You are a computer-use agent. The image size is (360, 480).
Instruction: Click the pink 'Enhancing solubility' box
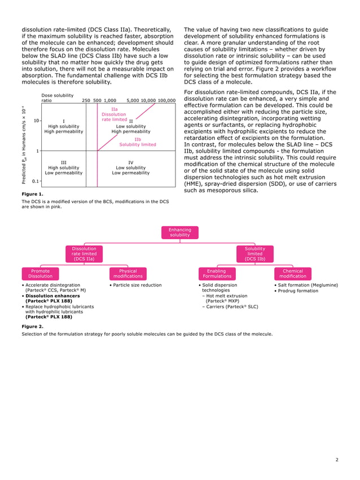(x=180, y=232)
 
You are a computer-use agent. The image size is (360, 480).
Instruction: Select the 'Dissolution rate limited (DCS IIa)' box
(x=84, y=253)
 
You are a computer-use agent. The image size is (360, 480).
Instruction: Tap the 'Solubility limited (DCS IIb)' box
(x=254, y=253)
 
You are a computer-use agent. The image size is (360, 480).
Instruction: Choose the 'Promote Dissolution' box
(x=40, y=274)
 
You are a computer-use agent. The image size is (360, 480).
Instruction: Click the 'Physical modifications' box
(x=128, y=274)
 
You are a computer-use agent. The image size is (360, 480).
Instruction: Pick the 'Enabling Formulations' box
(x=217, y=274)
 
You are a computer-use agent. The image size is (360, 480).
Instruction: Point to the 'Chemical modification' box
(x=292, y=274)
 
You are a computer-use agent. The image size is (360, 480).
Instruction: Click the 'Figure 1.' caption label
(x=32, y=193)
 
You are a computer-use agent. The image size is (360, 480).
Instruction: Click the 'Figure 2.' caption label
(x=32, y=326)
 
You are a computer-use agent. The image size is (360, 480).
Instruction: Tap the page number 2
(x=336, y=460)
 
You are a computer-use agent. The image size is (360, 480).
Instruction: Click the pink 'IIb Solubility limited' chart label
(x=138, y=142)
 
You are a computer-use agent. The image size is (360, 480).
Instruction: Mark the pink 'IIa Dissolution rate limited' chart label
(x=114, y=114)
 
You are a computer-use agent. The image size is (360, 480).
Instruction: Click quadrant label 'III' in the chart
(x=64, y=162)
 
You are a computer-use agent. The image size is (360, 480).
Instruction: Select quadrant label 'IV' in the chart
(x=130, y=162)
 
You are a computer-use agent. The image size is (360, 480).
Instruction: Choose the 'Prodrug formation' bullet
(x=297, y=290)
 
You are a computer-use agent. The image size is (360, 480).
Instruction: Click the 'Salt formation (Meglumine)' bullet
(x=307, y=285)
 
